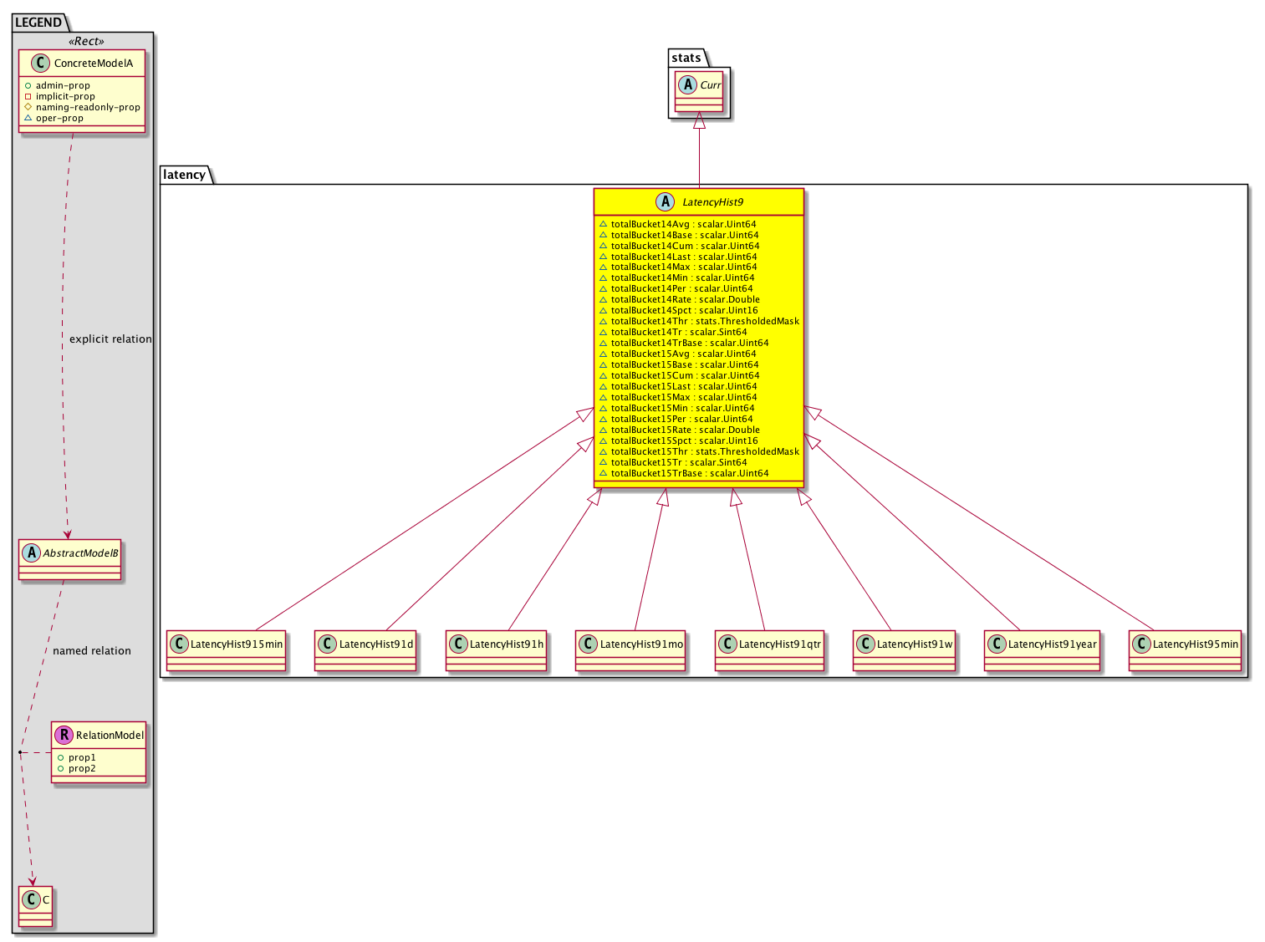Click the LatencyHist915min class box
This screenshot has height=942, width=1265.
226,650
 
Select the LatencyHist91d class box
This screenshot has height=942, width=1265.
365,650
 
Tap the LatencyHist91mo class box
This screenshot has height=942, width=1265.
630,650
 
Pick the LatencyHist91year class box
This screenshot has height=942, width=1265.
1042,650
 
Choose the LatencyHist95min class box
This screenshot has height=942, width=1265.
1185,650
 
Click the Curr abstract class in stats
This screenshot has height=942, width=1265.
699,91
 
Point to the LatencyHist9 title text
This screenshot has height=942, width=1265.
712,202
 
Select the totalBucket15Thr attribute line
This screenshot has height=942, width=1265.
699,451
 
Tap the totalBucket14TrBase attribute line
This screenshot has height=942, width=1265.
684,343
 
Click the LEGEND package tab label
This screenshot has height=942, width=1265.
38,23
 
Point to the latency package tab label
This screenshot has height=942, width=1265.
184,175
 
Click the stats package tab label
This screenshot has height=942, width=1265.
686,58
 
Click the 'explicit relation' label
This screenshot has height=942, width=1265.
110,339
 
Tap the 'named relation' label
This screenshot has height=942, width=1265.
92,650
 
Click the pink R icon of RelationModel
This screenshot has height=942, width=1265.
64,735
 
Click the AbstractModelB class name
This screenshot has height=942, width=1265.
80,553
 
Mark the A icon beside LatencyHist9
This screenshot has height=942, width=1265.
665,202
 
